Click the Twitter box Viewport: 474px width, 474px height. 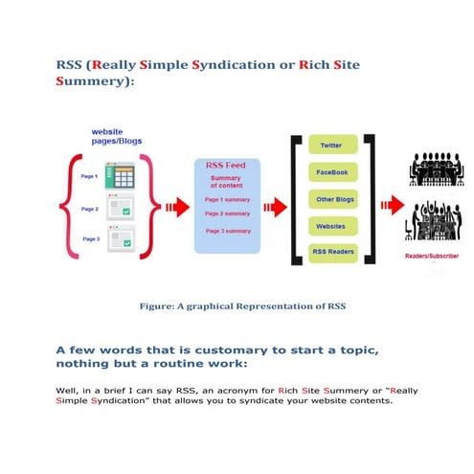tap(330, 146)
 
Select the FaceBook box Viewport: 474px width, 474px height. tap(330, 172)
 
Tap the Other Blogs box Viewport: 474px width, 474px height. tap(330, 199)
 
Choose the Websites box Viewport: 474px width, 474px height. tap(330, 226)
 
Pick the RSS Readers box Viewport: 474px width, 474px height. tap(330, 253)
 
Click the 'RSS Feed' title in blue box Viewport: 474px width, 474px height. tap(226, 165)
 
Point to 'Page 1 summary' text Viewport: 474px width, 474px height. tap(227, 199)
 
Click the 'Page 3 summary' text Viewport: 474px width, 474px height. tap(227, 231)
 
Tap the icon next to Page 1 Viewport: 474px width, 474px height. tap(121, 177)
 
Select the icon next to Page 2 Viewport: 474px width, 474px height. tap(121, 208)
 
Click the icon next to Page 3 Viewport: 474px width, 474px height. tap(121, 237)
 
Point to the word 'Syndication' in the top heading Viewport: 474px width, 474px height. tap(229, 66)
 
